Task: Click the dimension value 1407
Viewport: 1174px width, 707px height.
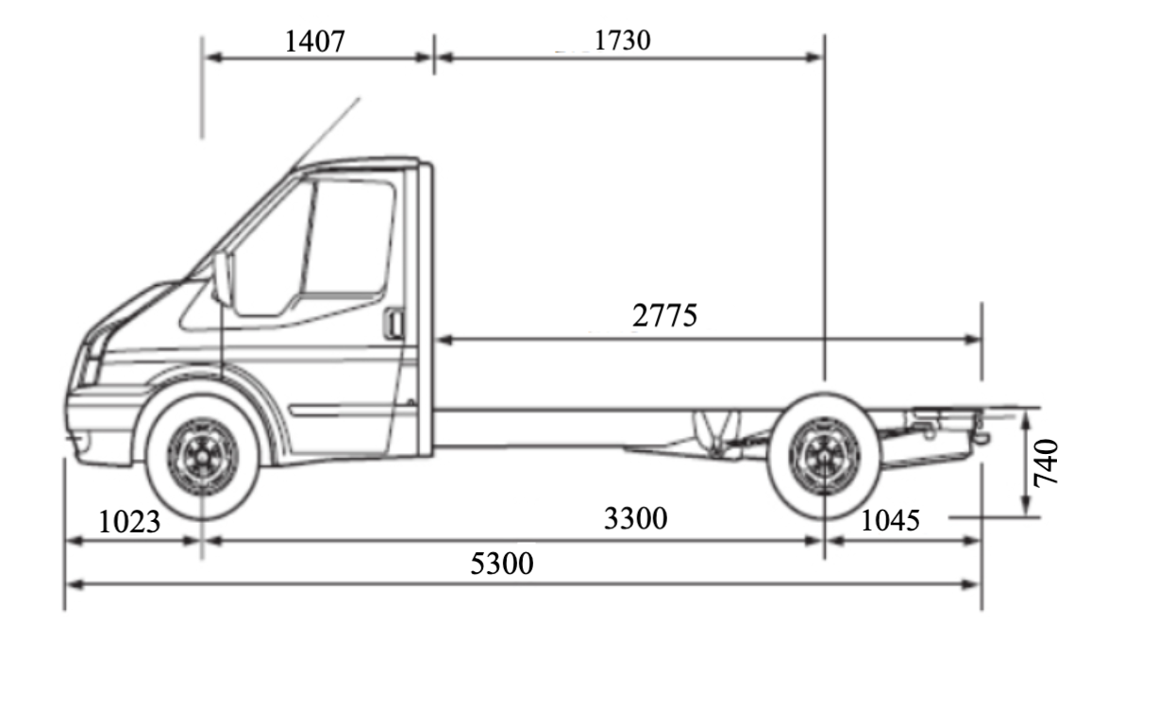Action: point(315,41)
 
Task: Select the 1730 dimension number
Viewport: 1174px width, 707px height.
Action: point(622,41)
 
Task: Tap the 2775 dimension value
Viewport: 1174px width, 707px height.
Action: point(664,315)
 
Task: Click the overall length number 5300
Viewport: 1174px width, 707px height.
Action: point(502,564)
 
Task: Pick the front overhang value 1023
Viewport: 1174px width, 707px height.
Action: point(129,521)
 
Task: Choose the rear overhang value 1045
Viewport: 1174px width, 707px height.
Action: point(890,519)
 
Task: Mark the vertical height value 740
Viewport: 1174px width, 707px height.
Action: point(1047,462)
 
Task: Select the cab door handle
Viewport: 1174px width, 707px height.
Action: point(394,324)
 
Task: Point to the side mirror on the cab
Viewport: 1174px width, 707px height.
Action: point(223,278)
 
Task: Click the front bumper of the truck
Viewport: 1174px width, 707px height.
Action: point(94,425)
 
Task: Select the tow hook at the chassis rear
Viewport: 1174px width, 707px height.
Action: point(981,437)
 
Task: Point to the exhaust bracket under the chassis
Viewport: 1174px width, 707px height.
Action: point(717,434)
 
